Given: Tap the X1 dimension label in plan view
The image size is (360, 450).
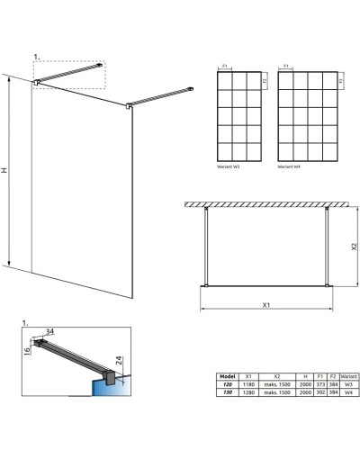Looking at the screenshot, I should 266,304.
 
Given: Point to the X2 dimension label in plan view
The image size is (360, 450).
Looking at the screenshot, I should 343,244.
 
